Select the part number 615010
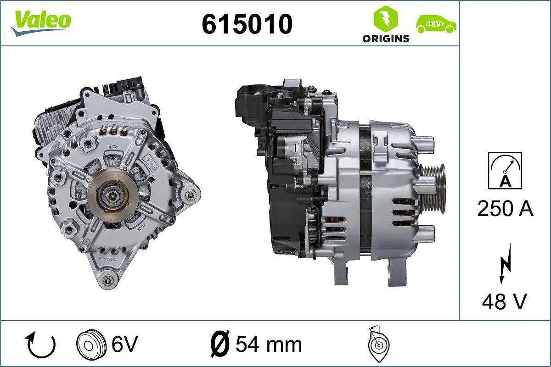tap(247, 24)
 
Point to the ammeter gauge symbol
tap(505, 170)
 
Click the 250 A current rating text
tap(505, 209)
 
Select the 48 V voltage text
tap(505, 301)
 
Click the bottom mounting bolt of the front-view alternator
tap(109, 280)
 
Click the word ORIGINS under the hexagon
tap(386, 39)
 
